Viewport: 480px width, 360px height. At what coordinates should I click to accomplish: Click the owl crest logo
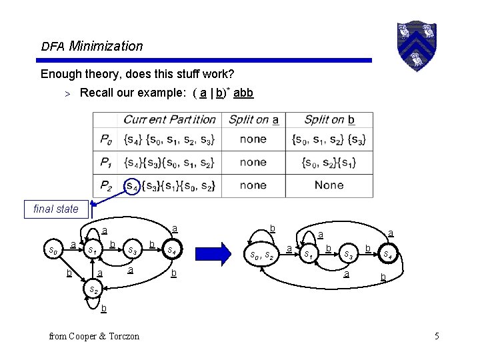417,45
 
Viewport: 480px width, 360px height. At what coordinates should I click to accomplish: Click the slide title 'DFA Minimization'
92,47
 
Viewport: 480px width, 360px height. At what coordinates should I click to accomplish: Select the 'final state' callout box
56,209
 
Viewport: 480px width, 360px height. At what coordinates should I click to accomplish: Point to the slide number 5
436,336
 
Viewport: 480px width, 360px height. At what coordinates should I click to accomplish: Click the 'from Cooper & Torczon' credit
95,336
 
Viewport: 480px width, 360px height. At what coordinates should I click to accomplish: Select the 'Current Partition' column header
169,120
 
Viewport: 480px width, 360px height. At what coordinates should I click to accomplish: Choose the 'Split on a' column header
253,120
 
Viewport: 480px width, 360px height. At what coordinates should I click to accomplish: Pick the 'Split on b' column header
329,120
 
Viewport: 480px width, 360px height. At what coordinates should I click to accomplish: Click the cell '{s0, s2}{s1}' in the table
329,163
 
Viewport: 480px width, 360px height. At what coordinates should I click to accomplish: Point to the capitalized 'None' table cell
329,185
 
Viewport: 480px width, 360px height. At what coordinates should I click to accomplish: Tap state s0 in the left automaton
53,251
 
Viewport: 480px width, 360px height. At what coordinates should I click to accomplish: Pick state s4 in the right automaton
387,254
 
